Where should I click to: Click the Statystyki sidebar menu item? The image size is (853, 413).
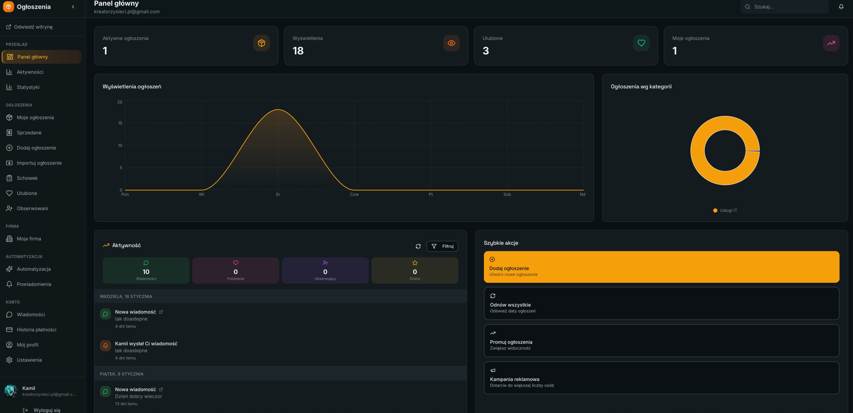click(x=28, y=87)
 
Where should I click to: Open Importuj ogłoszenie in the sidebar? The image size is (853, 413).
click(x=39, y=163)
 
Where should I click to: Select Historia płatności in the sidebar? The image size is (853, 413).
click(x=36, y=330)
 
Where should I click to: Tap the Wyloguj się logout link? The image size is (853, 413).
click(x=42, y=410)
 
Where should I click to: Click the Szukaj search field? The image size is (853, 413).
click(x=784, y=7)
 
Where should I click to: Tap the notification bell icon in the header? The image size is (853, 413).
click(x=841, y=7)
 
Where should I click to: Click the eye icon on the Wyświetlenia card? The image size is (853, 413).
click(x=451, y=43)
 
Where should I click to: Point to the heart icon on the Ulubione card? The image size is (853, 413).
click(x=641, y=43)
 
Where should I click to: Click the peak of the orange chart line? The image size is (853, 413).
click(x=278, y=110)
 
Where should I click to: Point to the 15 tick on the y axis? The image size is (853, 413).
click(x=120, y=123)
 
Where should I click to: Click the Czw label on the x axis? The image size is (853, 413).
click(x=354, y=195)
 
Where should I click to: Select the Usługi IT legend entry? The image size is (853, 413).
click(x=725, y=210)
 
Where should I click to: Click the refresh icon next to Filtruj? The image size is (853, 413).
click(x=418, y=246)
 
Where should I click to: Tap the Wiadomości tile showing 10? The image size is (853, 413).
click(x=146, y=270)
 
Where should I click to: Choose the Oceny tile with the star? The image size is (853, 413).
click(x=415, y=270)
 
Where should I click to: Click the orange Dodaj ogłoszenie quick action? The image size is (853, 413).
click(x=661, y=267)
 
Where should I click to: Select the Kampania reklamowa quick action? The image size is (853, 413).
click(x=661, y=378)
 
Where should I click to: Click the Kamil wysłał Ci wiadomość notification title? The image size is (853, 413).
click(x=146, y=344)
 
